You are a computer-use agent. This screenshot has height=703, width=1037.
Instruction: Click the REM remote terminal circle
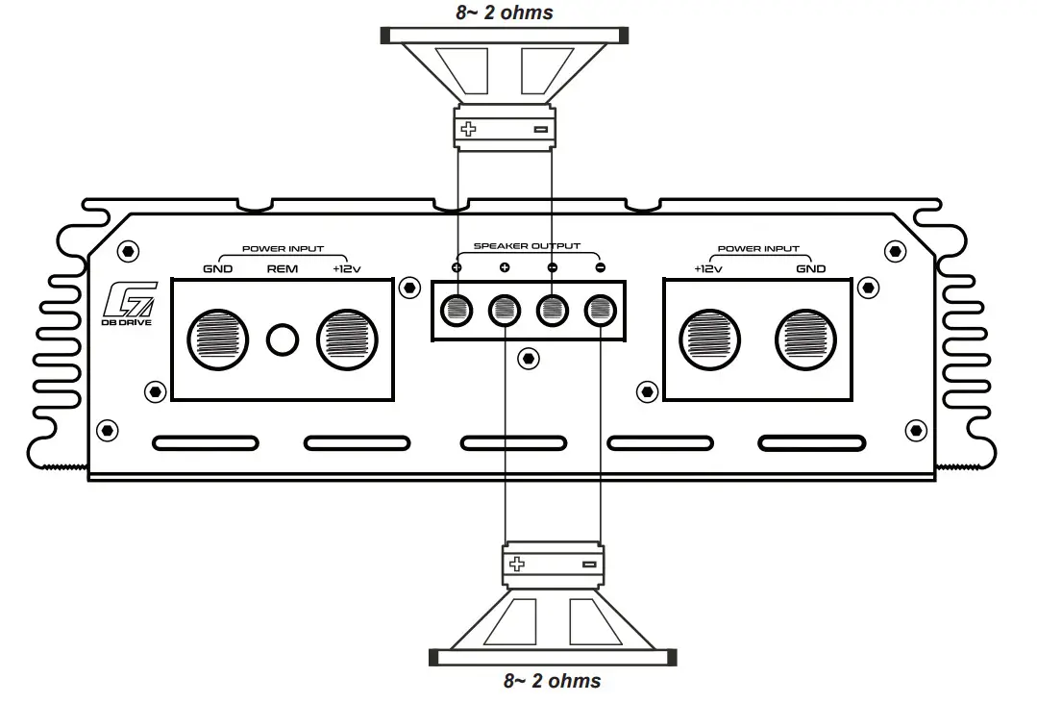[x=283, y=339]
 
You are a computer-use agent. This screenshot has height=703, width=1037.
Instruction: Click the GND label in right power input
[x=810, y=269]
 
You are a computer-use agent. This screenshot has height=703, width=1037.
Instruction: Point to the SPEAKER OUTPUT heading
[x=527, y=247]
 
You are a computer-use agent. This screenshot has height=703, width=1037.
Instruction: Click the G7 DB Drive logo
[x=127, y=308]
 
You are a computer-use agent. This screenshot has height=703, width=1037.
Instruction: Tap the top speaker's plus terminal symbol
[x=469, y=129]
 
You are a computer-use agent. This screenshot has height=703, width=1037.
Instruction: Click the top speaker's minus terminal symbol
[x=540, y=129]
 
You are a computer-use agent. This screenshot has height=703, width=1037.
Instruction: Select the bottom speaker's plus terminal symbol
[x=517, y=565]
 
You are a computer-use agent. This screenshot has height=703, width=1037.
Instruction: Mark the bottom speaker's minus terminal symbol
[x=589, y=565]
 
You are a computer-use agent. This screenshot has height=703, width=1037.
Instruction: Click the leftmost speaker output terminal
[x=457, y=310]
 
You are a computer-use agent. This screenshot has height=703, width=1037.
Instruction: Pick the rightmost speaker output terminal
[x=601, y=310]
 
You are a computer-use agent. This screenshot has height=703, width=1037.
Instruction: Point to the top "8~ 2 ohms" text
[x=505, y=13]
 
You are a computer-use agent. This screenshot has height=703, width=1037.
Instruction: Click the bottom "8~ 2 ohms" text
[x=553, y=681]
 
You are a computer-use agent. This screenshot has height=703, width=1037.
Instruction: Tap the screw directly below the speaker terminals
[x=527, y=358]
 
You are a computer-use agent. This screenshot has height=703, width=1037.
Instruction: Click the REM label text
[x=282, y=269]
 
